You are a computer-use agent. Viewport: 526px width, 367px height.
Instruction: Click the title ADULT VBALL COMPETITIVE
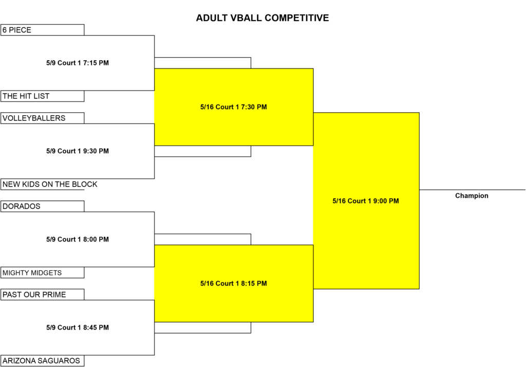(x=262, y=18)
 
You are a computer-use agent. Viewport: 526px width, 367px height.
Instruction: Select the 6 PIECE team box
(x=42, y=30)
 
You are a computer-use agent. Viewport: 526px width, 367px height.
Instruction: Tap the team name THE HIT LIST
(x=26, y=96)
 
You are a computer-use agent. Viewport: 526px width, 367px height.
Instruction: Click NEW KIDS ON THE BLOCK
(x=50, y=184)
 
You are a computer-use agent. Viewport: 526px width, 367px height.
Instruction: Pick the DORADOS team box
(x=42, y=206)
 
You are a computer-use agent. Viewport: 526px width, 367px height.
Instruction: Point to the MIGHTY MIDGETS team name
(x=32, y=273)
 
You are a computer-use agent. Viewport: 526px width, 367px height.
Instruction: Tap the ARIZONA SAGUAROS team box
(x=42, y=361)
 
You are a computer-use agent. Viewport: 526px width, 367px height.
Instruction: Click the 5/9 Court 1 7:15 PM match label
(x=78, y=63)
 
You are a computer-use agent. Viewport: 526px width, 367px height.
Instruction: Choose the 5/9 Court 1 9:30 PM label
(x=78, y=151)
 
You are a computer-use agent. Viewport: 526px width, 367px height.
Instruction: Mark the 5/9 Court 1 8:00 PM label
(x=78, y=239)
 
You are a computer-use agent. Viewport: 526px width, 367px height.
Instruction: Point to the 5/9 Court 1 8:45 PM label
(x=78, y=327)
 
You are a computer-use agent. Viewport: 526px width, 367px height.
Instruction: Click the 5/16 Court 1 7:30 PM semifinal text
(x=234, y=107)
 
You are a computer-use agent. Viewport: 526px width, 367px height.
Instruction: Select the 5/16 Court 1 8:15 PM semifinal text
(x=234, y=283)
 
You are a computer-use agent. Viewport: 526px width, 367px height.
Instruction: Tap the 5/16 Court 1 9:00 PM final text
(x=366, y=201)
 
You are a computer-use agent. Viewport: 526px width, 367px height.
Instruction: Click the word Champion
(x=472, y=196)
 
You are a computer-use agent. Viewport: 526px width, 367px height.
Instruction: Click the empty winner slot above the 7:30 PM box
(x=202, y=63)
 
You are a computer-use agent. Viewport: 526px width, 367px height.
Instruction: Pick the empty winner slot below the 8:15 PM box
(x=202, y=328)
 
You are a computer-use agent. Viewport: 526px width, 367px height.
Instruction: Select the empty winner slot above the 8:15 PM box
(x=202, y=239)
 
